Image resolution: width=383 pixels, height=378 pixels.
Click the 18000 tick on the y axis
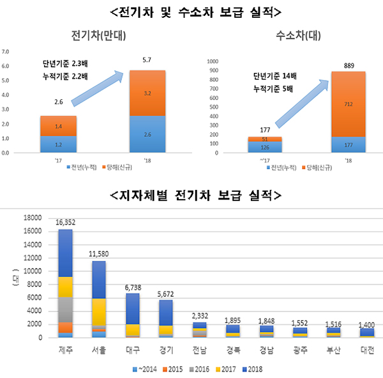31,217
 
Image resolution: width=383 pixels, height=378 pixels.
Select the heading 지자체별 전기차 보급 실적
191,193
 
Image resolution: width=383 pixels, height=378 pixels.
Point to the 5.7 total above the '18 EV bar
148,60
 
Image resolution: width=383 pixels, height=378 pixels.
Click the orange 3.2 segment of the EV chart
148,93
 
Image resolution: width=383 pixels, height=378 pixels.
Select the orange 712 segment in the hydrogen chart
349,104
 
